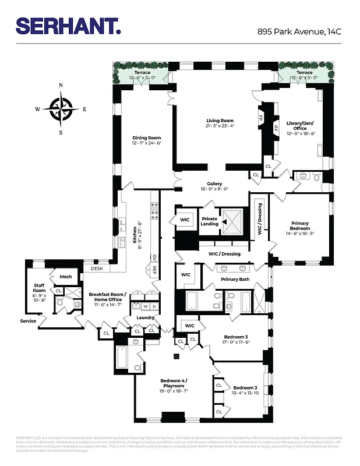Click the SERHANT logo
click(x=68, y=26)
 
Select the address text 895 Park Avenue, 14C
click(x=299, y=32)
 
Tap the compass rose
click(x=61, y=108)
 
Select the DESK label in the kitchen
click(x=97, y=269)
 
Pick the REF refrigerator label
click(x=154, y=270)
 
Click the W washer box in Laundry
click(x=144, y=306)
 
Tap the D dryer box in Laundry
click(x=153, y=306)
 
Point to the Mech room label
click(x=65, y=277)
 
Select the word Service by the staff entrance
click(x=28, y=321)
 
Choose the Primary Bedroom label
click(x=300, y=225)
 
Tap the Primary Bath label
click(x=235, y=280)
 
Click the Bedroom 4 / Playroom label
click(x=174, y=383)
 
